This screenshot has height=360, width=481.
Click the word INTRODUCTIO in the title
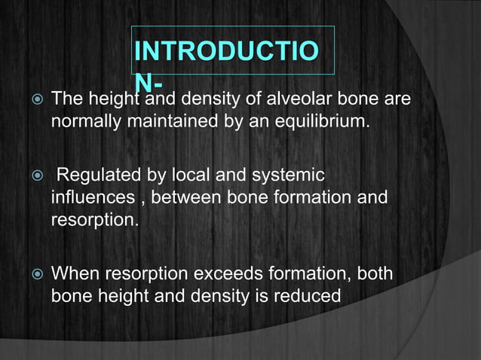[x=225, y=51]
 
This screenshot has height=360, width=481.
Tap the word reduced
[x=308, y=296]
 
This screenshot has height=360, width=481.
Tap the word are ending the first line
[x=397, y=99]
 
